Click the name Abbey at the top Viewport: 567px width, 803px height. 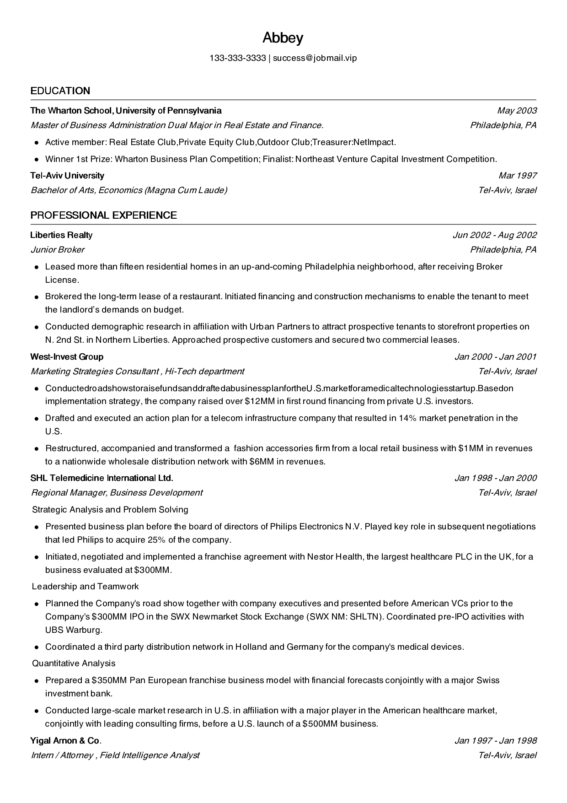coord(283,38)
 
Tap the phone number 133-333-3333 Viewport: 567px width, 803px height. coord(237,58)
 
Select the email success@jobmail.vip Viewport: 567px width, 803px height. coord(315,58)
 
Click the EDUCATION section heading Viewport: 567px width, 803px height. coord(60,91)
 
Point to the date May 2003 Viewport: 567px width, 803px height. coord(517,110)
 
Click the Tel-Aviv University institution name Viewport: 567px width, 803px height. coord(67,176)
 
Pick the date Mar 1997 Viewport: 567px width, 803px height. coord(518,176)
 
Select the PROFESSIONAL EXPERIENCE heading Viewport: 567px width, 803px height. coord(103,215)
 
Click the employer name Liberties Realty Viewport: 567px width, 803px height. coord(61,235)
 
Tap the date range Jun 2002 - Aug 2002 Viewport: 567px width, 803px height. coord(495,235)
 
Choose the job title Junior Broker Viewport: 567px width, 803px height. coord(58,250)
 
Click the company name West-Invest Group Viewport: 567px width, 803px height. coord(67,357)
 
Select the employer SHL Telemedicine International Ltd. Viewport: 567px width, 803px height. coord(102,478)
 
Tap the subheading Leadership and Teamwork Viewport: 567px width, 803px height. coord(85,587)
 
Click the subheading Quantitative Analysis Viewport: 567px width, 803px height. coord(73,663)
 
